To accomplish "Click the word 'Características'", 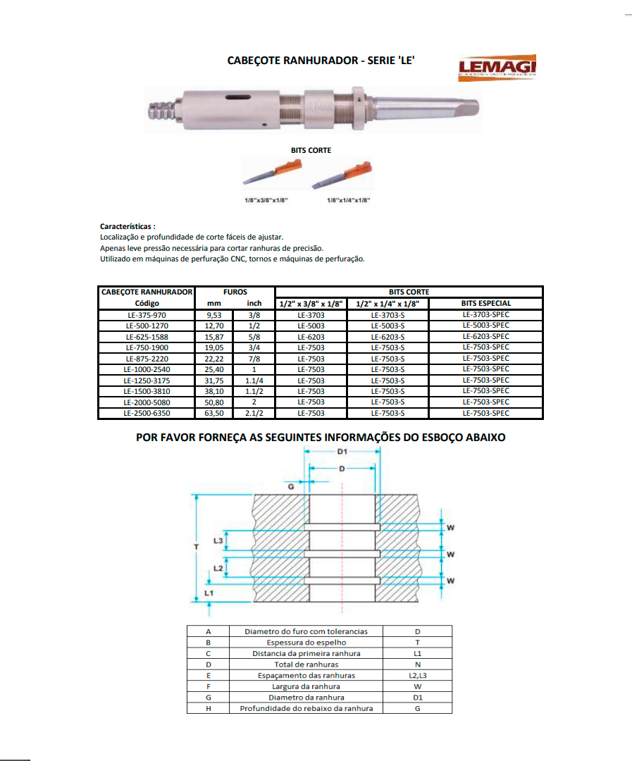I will click(x=128, y=227).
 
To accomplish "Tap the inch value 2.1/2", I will click(x=254, y=413).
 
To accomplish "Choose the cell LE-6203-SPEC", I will click(x=486, y=337).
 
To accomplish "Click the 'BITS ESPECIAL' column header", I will click(x=486, y=304).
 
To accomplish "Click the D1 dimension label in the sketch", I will click(x=342, y=451).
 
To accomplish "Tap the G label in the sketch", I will click(x=290, y=485).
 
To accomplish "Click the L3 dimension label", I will click(x=218, y=541).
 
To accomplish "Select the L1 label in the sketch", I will click(x=208, y=594).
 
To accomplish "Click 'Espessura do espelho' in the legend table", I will click(x=306, y=643).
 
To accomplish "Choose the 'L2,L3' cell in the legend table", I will click(x=418, y=676).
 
